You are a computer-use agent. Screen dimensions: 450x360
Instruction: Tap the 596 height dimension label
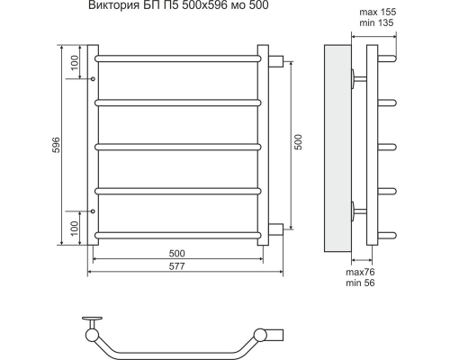(56, 145)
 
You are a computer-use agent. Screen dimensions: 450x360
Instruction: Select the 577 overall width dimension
(176, 266)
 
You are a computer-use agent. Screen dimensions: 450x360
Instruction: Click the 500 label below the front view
(176, 254)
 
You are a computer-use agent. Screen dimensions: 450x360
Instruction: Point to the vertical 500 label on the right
(299, 142)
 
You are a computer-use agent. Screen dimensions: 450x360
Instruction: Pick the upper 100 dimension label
(75, 62)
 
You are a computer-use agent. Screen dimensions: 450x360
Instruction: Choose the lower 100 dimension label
(75, 228)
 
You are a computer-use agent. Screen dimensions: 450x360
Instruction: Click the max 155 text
(378, 12)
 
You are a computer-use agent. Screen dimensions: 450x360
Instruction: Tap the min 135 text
(376, 22)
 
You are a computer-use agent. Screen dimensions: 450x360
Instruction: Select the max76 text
(360, 272)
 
